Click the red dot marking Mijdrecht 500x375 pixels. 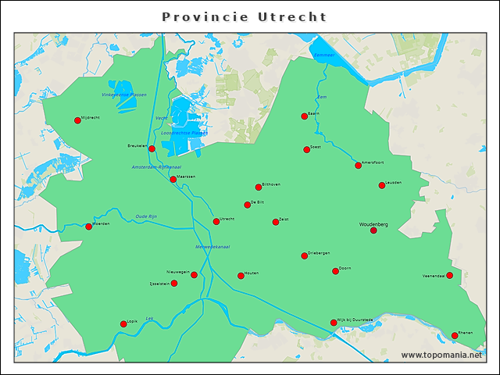pyautogui.click(x=77, y=120)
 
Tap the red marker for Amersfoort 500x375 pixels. pyautogui.click(x=358, y=166)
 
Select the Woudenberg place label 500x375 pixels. pyautogui.click(x=373, y=224)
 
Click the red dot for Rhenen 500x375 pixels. pyautogui.click(x=455, y=336)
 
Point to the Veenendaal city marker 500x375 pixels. pyautogui.click(x=449, y=275)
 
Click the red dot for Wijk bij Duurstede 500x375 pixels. pyautogui.click(x=334, y=323)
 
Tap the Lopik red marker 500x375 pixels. pyautogui.click(x=123, y=323)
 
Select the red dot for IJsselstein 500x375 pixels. pyautogui.click(x=174, y=283)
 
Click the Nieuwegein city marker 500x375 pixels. pyautogui.click(x=194, y=275)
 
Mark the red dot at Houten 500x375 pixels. pyautogui.click(x=241, y=276)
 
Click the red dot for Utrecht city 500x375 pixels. pyautogui.click(x=216, y=222)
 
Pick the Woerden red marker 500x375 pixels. pyautogui.click(x=88, y=227)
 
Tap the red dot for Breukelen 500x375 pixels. pyautogui.click(x=152, y=148)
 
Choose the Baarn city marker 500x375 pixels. pyautogui.click(x=304, y=116)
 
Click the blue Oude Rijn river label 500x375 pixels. pyautogui.click(x=146, y=216)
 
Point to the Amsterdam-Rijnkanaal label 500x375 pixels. pyautogui.click(x=156, y=167)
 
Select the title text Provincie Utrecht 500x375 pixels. pyautogui.click(x=245, y=16)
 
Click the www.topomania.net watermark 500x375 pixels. pyautogui.click(x=441, y=355)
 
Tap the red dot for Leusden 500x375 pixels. pyautogui.click(x=382, y=185)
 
